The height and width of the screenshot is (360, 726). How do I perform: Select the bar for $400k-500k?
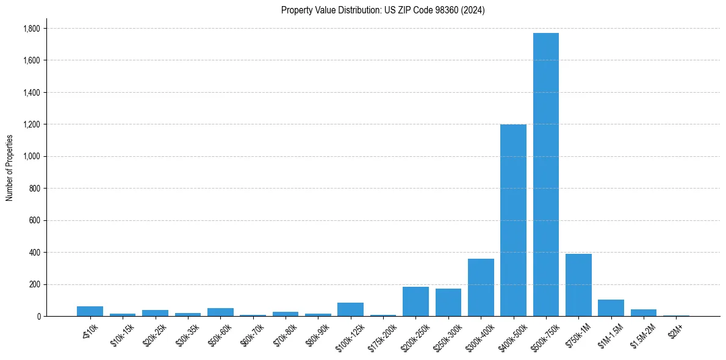(513, 220)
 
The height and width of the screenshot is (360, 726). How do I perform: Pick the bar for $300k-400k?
(481, 287)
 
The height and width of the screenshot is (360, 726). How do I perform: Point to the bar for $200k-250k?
(415, 301)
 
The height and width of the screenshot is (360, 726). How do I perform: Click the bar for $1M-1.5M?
(611, 308)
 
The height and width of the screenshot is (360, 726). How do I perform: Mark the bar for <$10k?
(90, 311)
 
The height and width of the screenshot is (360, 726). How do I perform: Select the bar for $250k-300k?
(448, 303)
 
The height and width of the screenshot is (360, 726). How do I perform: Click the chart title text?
(383, 10)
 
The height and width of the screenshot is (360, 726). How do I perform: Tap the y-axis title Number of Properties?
(10, 168)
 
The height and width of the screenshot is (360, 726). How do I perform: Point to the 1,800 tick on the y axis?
(31, 29)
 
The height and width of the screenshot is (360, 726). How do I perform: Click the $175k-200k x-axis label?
(381, 336)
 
